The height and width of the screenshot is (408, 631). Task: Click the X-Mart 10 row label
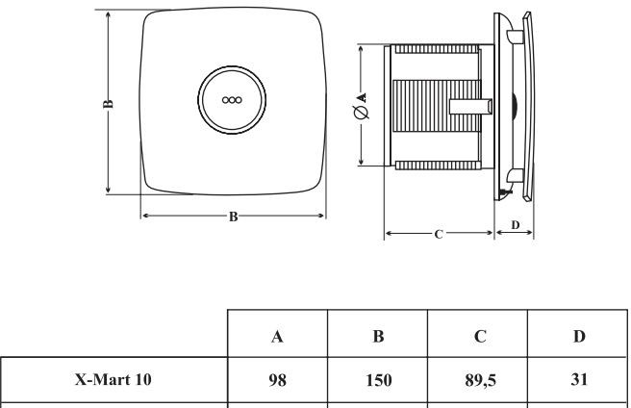[114, 380]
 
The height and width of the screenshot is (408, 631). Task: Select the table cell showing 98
[278, 380]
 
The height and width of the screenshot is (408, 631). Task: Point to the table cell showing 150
[378, 380]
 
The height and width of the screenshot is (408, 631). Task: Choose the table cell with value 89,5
[479, 380]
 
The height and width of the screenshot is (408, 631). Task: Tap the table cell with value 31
[578, 380]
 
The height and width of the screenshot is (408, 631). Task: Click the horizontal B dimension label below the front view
[233, 217]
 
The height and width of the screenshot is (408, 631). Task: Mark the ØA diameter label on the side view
[362, 105]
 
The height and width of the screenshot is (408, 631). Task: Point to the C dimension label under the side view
[439, 234]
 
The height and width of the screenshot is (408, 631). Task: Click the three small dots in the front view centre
[231, 99]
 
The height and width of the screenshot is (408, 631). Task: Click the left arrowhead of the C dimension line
[387, 233]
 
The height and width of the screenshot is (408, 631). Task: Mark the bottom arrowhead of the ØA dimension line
[362, 165]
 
